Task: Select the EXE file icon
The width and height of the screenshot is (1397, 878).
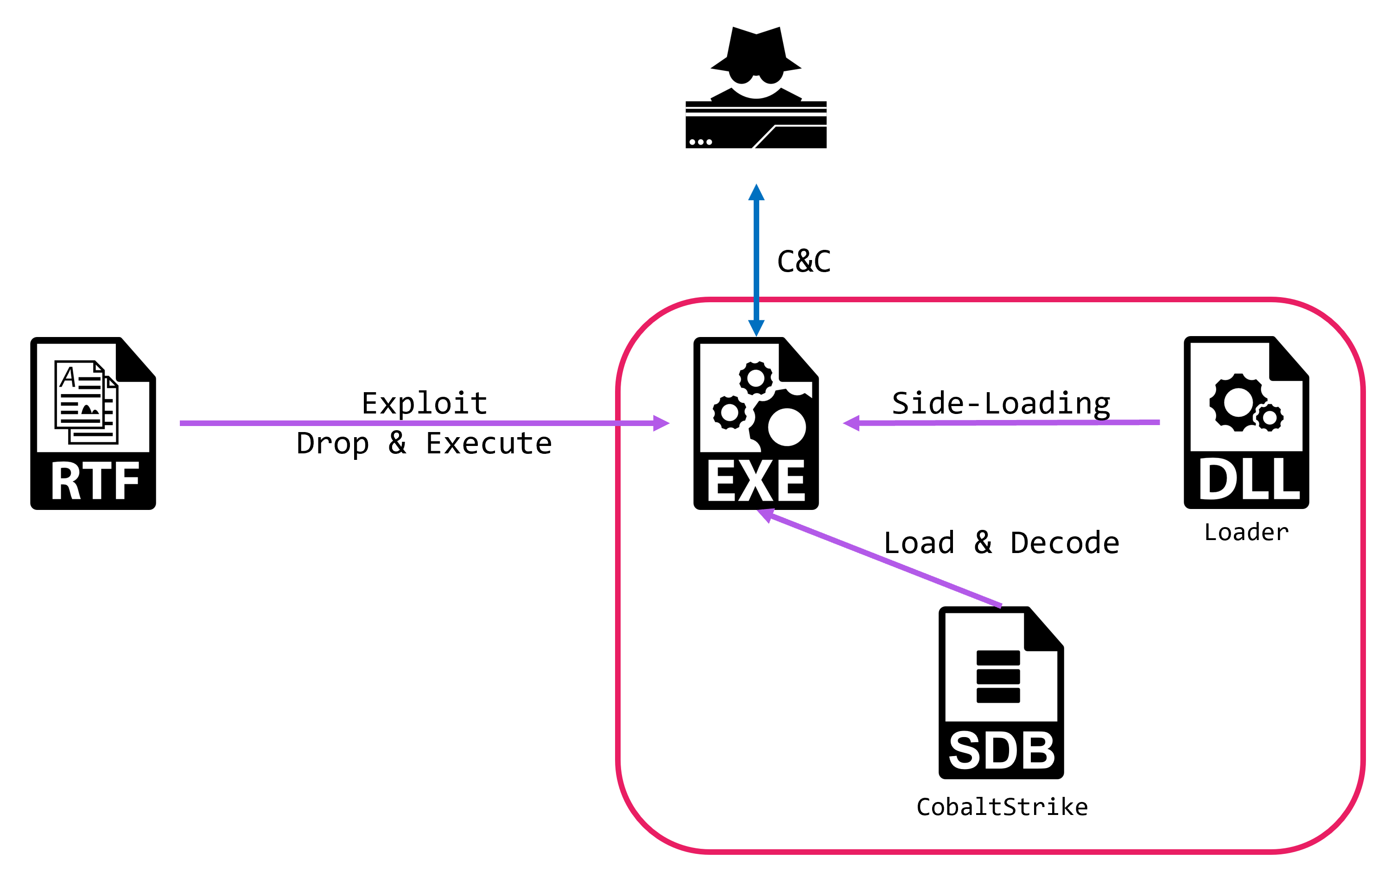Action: click(756, 423)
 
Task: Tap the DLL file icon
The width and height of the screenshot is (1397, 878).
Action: click(1246, 422)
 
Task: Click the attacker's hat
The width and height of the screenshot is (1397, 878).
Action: click(756, 49)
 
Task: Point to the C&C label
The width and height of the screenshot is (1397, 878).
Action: click(804, 261)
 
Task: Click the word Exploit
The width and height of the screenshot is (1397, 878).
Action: click(424, 403)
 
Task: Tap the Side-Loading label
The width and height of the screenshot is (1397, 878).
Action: click(1001, 403)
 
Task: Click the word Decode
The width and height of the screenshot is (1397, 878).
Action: click(1064, 542)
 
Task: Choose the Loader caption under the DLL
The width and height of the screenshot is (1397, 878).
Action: click(1246, 532)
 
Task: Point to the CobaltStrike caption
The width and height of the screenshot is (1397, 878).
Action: click(1002, 807)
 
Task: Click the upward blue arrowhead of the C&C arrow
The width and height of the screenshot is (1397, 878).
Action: click(756, 193)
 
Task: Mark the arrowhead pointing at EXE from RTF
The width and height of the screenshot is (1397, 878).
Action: click(661, 423)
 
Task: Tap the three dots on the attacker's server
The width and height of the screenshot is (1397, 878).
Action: click(700, 141)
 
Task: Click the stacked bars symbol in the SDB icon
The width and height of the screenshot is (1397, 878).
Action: click(998, 676)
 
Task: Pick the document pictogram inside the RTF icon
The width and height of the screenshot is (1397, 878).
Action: click(86, 401)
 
